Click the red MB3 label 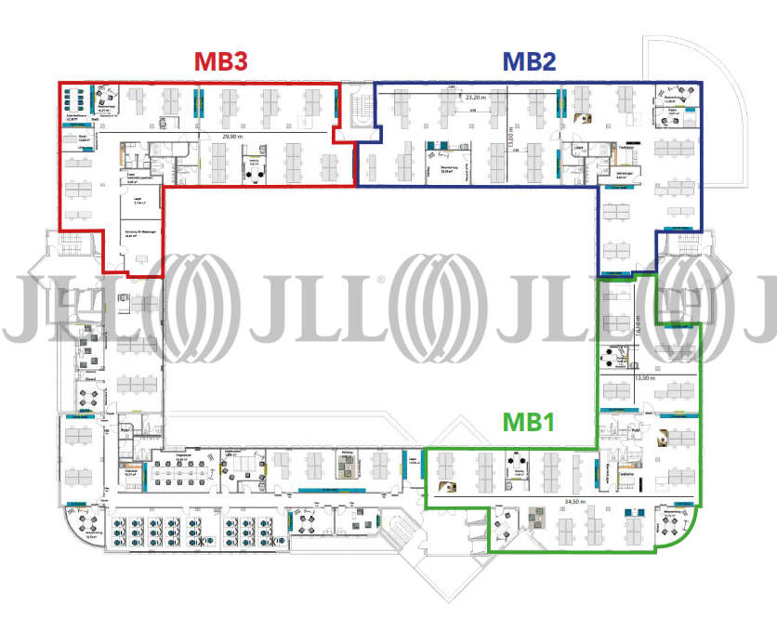pos(220,62)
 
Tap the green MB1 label pos(528,421)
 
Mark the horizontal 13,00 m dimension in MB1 pos(646,378)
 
